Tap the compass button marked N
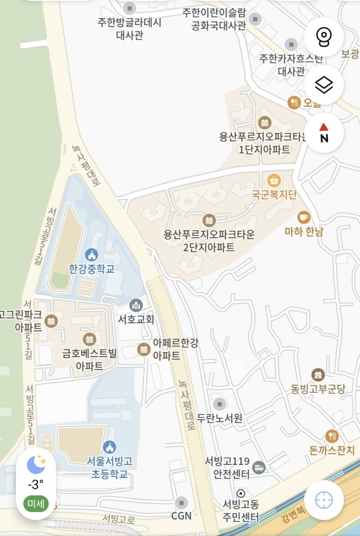click(x=324, y=133)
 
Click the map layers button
click(x=324, y=85)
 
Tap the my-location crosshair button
click(x=324, y=500)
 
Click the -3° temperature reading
click(x=36, y=484)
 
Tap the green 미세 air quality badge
click(x=36, y=504)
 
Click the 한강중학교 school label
click(x=92, y=269)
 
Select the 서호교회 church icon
click(x=136, y=306)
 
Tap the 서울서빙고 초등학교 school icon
click(x=109, y=447)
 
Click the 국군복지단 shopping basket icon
click(x=274, y=180)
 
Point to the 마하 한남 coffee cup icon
click(x=304, y=217)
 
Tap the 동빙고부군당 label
click(x=318, y=389)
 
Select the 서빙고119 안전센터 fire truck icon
click(x=259, y=467)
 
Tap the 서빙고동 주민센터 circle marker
click(x=241, y=493)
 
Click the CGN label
click(x=181, y=516)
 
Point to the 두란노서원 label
click(x=220, y=418)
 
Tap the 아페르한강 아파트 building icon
click(x=144, y=349)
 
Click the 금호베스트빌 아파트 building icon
click(x=89, y=339)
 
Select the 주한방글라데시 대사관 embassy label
click(x=130, y=28)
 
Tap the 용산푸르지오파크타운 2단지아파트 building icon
click(x=209, y=220)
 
